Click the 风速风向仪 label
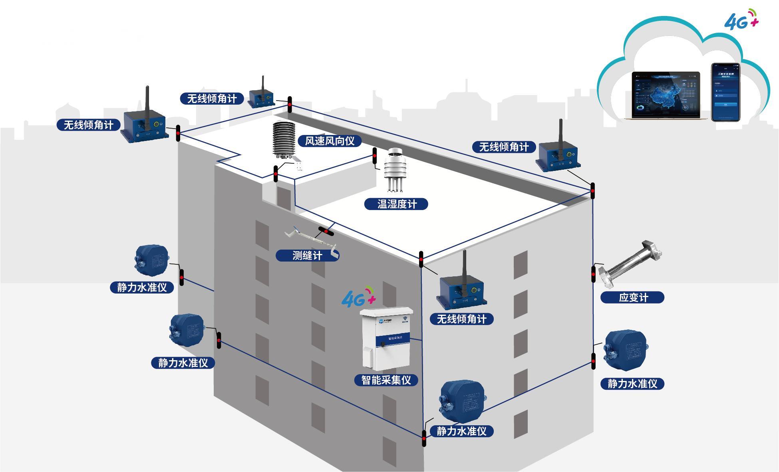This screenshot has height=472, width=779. pos(330,141)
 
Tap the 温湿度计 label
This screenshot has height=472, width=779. pos(396,204)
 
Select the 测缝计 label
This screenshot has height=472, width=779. pos(307,256)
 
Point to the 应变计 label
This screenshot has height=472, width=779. pos(632,297)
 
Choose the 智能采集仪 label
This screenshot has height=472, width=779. pos(386,380)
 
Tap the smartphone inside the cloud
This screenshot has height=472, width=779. pos(725,92)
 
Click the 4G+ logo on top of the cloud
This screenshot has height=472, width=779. pos(741,20)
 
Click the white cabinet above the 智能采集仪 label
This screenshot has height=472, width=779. pos(386,338)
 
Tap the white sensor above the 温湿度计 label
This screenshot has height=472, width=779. pos(395,170)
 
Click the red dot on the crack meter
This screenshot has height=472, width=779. pos(326,232)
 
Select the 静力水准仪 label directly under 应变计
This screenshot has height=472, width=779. pos(632,384)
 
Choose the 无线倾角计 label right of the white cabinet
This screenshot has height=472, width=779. pos(461,319)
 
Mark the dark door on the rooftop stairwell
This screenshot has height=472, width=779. pos(284,197)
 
